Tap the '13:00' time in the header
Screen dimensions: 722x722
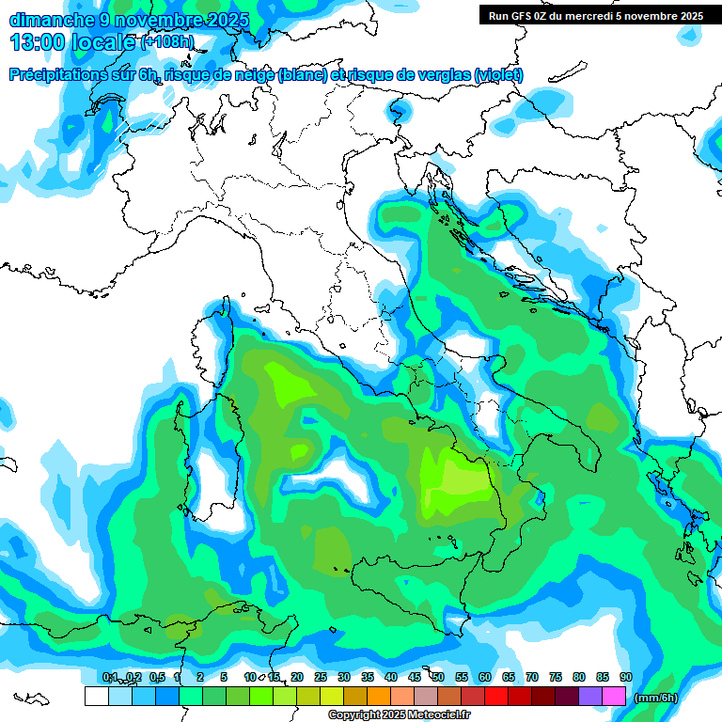35,42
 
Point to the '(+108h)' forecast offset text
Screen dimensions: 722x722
168,42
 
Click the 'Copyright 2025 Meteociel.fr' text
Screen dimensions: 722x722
399,715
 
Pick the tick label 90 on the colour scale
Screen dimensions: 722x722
626,677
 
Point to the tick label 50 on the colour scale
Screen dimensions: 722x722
438,677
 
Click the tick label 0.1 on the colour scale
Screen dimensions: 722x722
109,677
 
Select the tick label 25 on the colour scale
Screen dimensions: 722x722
321,677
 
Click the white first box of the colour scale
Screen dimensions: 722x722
96,696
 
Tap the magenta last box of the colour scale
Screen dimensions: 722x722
614,696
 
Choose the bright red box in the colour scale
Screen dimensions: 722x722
496,696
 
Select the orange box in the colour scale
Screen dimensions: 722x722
379,696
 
